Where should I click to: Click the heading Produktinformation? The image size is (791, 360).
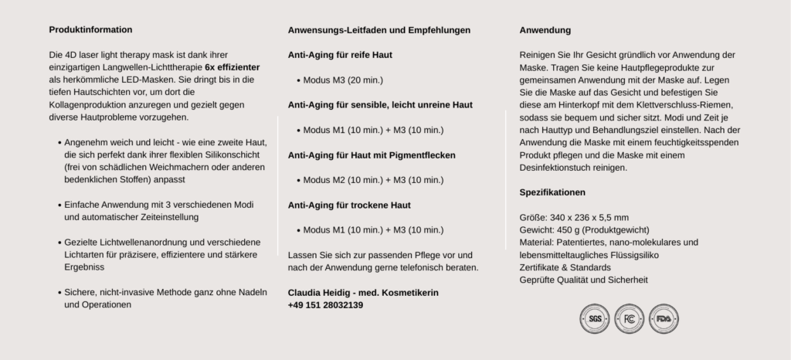pos(90,29)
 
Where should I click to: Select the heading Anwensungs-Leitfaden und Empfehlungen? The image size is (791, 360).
pos(379,30)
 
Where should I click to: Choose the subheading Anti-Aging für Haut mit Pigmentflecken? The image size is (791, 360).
pos(372,155)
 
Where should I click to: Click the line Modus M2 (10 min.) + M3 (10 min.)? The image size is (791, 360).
pos(373,180)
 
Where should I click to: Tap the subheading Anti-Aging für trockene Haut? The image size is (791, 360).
pos(349,205)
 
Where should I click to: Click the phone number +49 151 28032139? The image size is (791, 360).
pos(325,305)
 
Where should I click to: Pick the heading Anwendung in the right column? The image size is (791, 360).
pos(545,30)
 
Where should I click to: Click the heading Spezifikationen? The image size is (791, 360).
pos(552,192)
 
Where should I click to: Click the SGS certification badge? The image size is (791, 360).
pos(595,318)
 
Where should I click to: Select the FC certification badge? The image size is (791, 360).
pos(629,318)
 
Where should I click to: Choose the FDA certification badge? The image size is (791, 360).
pos(664,318)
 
